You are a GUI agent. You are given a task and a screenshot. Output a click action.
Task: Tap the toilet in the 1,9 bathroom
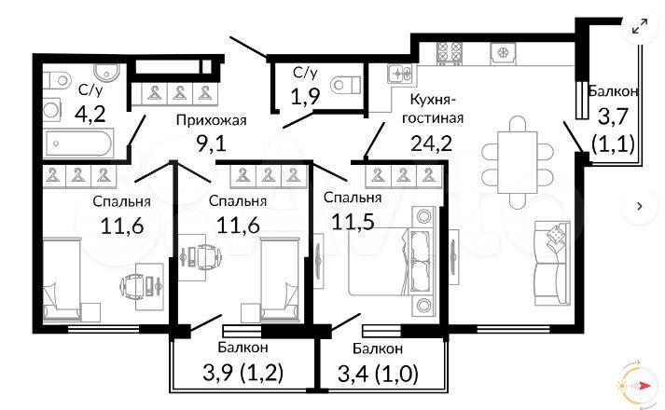coord(344,84)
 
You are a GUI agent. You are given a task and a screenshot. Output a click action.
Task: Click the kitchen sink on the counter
coord(401,74)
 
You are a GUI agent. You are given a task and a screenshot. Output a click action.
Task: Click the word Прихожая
coord(211,120)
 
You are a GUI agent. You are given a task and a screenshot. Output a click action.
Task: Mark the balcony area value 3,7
coord(613,116)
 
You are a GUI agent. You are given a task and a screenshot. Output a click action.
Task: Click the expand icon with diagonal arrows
coord(641,27)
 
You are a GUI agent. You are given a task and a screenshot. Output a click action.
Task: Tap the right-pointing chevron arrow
coord(641,204)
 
